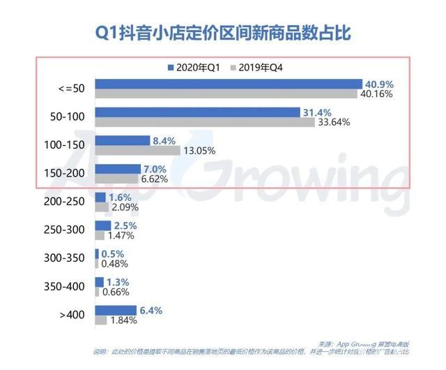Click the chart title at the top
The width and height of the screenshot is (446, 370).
click(x=222, y=32)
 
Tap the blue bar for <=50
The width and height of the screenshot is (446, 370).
click(x=229, y=84)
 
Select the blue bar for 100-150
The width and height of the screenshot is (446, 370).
click(x=122, y=140)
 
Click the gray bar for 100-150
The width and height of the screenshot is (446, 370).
click(x=137, y=149)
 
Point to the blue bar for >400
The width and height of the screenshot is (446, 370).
click(x=116, y=310)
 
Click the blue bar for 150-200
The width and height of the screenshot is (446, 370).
click(x=118, y=168)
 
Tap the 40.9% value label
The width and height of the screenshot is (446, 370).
click(x=379, y=84)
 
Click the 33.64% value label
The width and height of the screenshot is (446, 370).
click(x=334, y=121)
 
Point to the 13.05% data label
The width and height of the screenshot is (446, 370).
click(x=199, y=150)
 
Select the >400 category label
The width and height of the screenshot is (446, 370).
click(x=72, y=314)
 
